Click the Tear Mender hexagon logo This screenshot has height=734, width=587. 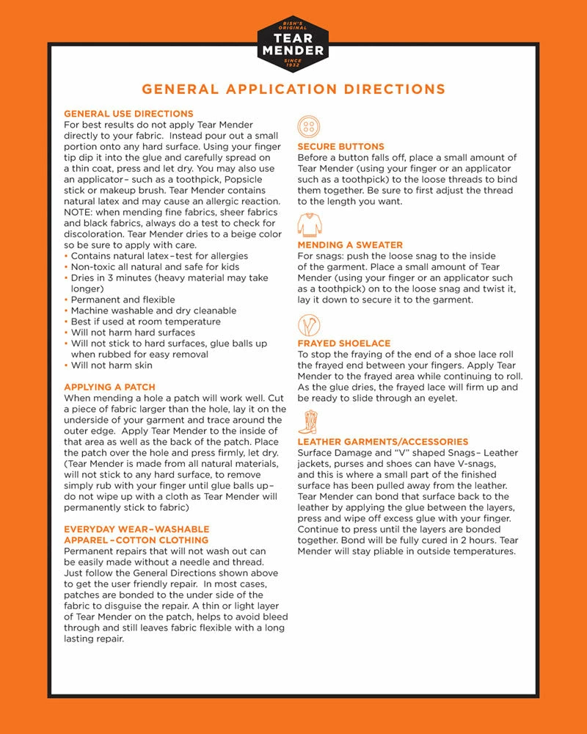pyautogui.click(x=293, y=44)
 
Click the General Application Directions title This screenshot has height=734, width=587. pyautogui.click(x=293, y=90)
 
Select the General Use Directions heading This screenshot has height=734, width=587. pyautogui.click(x=128, y=114)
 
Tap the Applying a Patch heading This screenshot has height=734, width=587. pyautogui.click(x=109, y=387)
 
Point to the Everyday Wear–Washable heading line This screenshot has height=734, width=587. pyautogui.click(x=136, y=529)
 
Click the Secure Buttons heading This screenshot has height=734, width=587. pyautogui.click(x=340, y=147)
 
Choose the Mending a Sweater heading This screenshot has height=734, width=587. pyautogui.click(x=350, y=245)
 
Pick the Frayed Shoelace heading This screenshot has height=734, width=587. pyautogui.click(x=343, y=344)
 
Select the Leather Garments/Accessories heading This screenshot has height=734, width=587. pyautogui.click(x=382, y=442)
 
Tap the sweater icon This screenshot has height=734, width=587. pyautogui.click(x=310, y=225)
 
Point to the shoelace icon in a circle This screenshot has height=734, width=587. pyautogui.click(x=309, y=324)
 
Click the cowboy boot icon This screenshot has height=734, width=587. pyautogui.click(x=308, y=423)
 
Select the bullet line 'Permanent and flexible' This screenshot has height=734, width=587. pyautogui.click(x=123, y=299)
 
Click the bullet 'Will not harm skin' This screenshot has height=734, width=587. pyautogui.click(x=112, y=365)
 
